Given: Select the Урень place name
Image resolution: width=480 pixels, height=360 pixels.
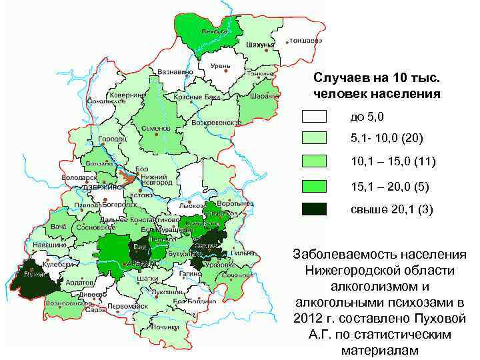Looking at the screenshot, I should coord(221,66).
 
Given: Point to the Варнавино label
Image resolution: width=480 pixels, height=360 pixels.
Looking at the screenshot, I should coord(175,71).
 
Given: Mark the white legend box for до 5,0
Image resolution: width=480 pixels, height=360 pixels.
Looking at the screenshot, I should coord(314,117).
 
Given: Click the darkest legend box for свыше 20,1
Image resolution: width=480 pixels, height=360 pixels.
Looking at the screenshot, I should coord(314,209).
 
